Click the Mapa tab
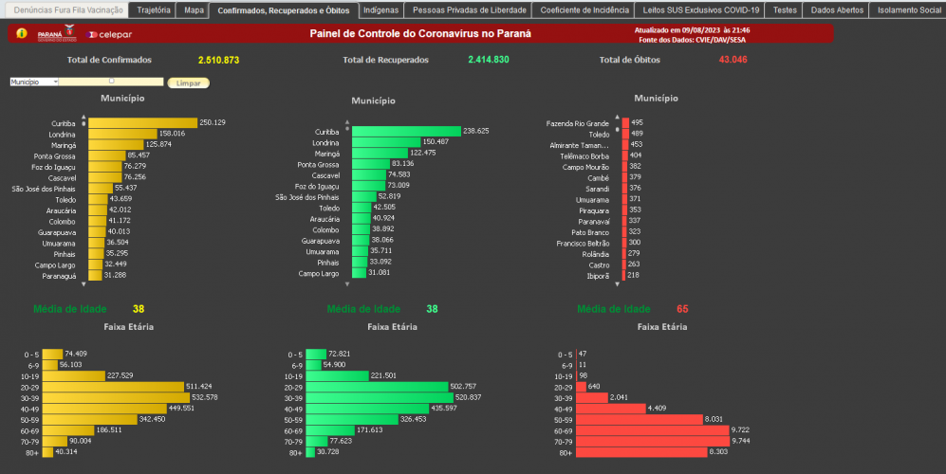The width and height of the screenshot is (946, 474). pyautogui.click(x=194, y=10)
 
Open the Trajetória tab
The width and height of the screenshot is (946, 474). pyautogui.click(x=153, y=10)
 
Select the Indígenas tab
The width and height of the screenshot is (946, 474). pyautogui.click(x=380, y=10)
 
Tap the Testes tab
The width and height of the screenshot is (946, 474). pyautogui.click(x=785, y=10)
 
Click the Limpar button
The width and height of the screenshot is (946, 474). pyautogui.click(x=188, y=82)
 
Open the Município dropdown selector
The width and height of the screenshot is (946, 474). pyautogui.click(x=34, y=82)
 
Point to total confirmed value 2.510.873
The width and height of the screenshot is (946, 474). pyautogui.click(x=218, y=60)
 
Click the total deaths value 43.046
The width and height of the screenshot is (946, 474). pyautogui.click(x=733, y=60)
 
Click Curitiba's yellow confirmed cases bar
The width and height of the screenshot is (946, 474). pyautogui.click(x=142, y=122)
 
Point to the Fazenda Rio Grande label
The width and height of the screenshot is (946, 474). pyautogui.click(x=578, y=123)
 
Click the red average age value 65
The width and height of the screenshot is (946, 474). pyautogui.click(x=682, y=309)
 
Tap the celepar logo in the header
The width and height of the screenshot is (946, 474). pyautogui.click(x=108, y=34)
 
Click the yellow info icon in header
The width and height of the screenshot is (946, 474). pyautogui.click(x=22, y=33)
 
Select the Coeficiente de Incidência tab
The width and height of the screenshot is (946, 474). pyautogui.click(x=584, y=10)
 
